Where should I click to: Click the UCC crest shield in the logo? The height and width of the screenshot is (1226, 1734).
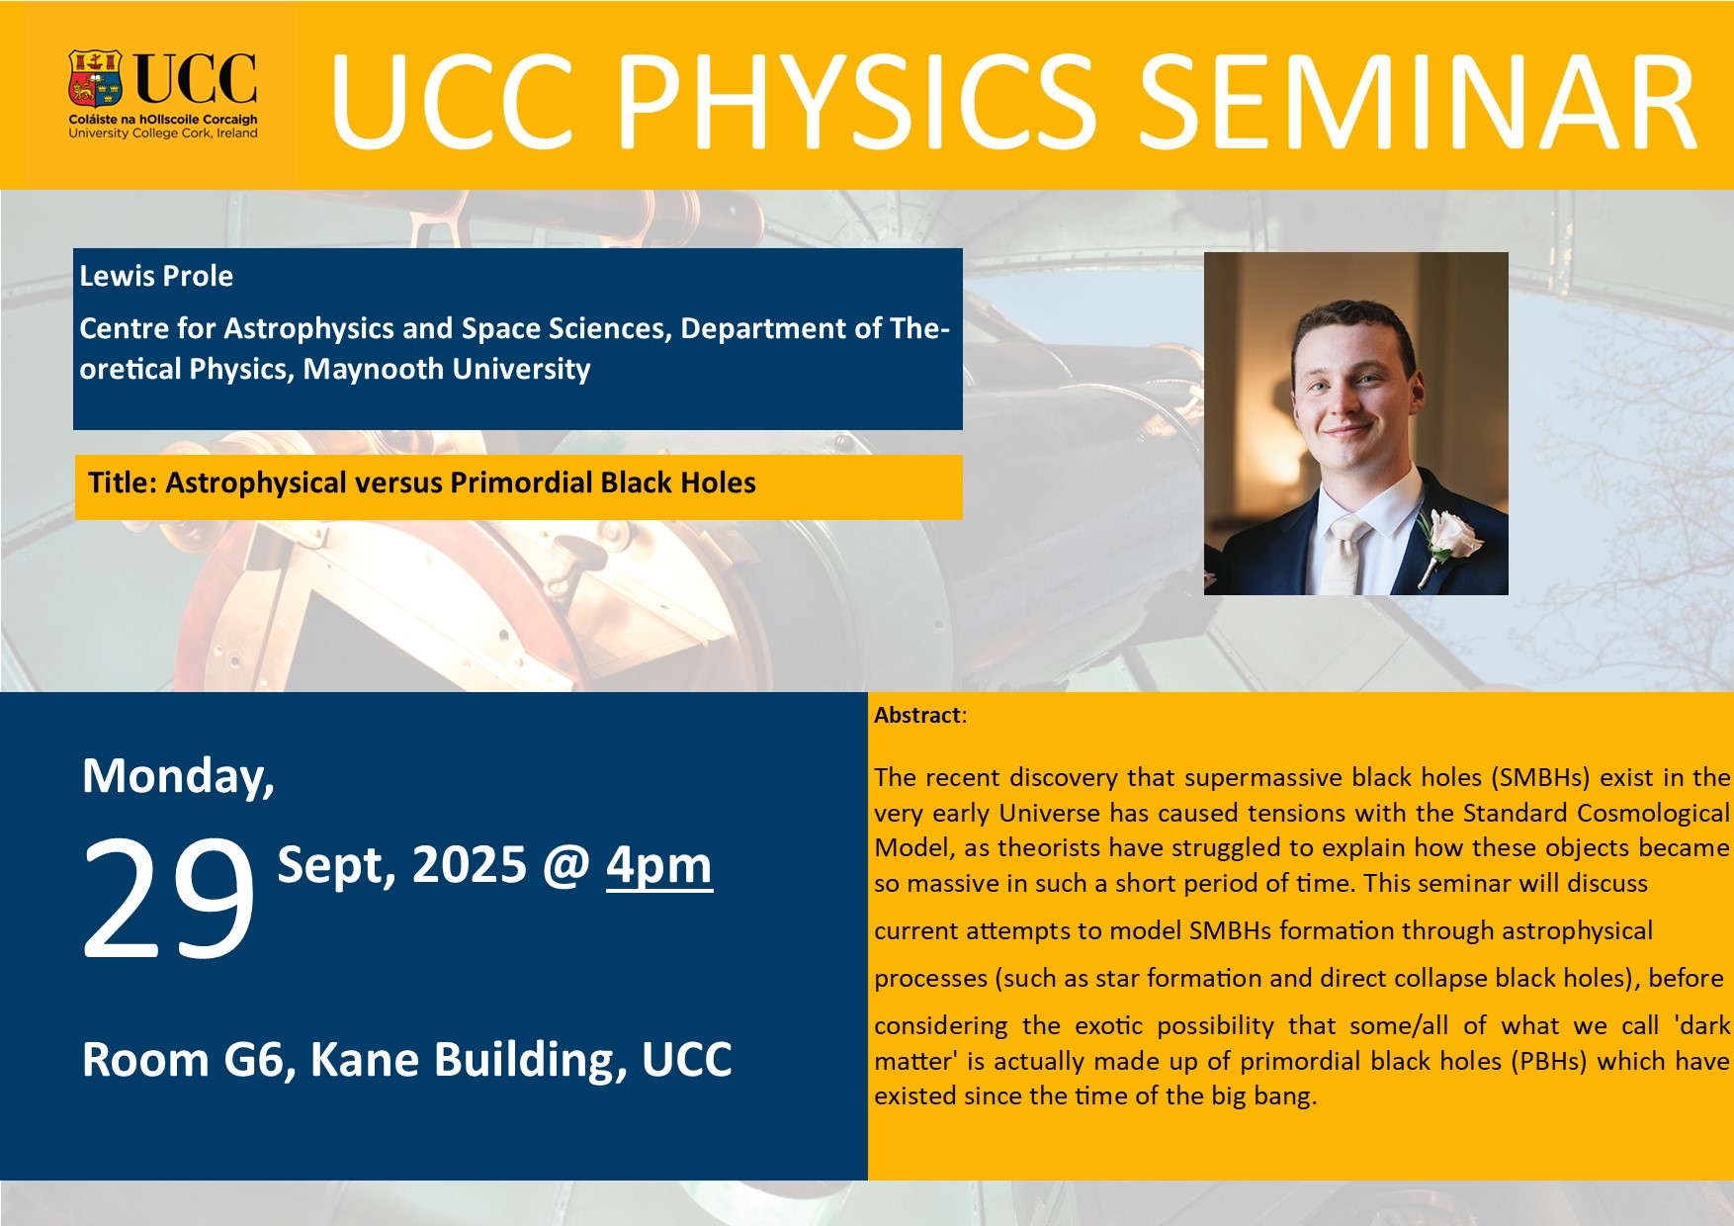pos(95,78)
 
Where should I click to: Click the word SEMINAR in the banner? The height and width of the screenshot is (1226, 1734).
pos(1419,102)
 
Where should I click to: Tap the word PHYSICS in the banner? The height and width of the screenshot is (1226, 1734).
pos(854,102)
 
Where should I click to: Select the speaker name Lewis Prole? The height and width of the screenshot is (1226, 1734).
pos(156,276)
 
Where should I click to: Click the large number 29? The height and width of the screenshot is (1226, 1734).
pos(168,897)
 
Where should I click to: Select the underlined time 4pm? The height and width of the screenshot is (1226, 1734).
pos(659,865)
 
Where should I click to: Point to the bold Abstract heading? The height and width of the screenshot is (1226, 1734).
pos(917,715)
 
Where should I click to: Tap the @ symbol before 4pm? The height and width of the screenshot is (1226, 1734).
pos(566,865)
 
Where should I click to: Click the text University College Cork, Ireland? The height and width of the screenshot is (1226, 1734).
pos(163,133)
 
